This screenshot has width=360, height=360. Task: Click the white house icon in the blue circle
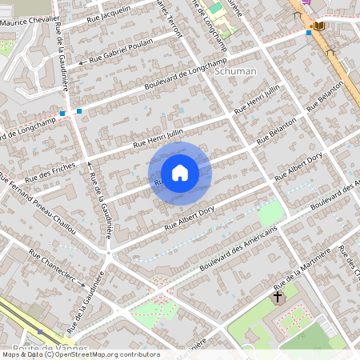180,173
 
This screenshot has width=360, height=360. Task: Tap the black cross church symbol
278,297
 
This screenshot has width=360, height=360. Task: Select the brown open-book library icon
319,26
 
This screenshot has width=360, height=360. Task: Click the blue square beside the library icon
309,33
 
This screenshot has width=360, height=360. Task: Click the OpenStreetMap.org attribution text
112,354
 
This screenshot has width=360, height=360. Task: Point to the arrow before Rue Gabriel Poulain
81,62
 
